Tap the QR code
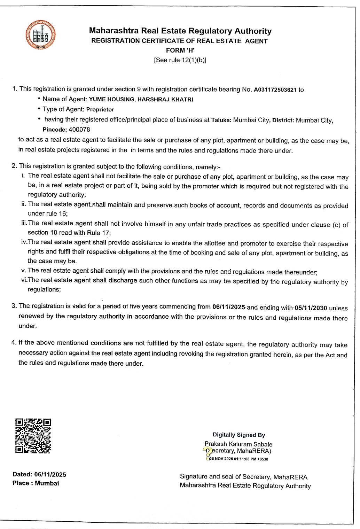click(33, 436)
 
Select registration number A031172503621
click(275, 90)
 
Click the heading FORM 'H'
click(180, 50)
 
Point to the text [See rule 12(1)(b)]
click(180, 60)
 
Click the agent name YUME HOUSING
click(111, 100)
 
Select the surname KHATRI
click(182, 100)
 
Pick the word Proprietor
click(100, 110)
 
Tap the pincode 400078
click(79, 130)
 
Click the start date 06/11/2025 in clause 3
click(229, 307)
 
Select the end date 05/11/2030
click(311, 308)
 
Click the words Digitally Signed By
click(239, 435)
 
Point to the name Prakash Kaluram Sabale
click(238, 444)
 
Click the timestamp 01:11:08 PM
click(245, 459)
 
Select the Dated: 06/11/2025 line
click(39, 474)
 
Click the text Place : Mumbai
click(36, 483)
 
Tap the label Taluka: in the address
click(221, 120)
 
